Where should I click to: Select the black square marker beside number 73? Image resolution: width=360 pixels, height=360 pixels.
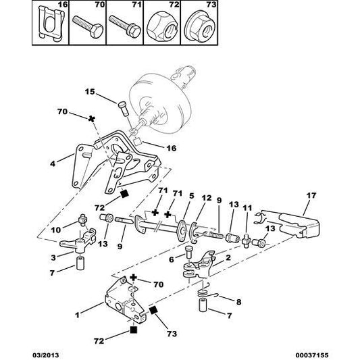point(153,311)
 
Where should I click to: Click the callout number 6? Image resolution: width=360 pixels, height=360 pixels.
point(172,259)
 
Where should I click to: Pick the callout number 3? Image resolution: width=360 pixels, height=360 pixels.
point(53,257)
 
